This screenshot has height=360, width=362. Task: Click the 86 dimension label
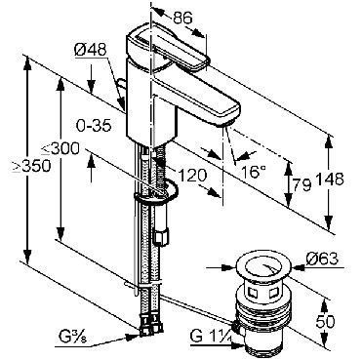coord(182,18)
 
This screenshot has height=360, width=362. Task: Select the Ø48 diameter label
coord(91,50)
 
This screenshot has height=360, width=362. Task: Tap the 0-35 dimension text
coord(94,125)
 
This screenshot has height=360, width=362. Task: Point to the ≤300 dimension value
coord(60,149)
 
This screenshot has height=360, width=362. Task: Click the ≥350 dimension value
coord(31,166)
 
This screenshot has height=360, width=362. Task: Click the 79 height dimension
coord(302,185)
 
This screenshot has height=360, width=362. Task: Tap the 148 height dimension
coord(330,180)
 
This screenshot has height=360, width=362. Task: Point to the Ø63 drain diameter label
coord(322,260)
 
